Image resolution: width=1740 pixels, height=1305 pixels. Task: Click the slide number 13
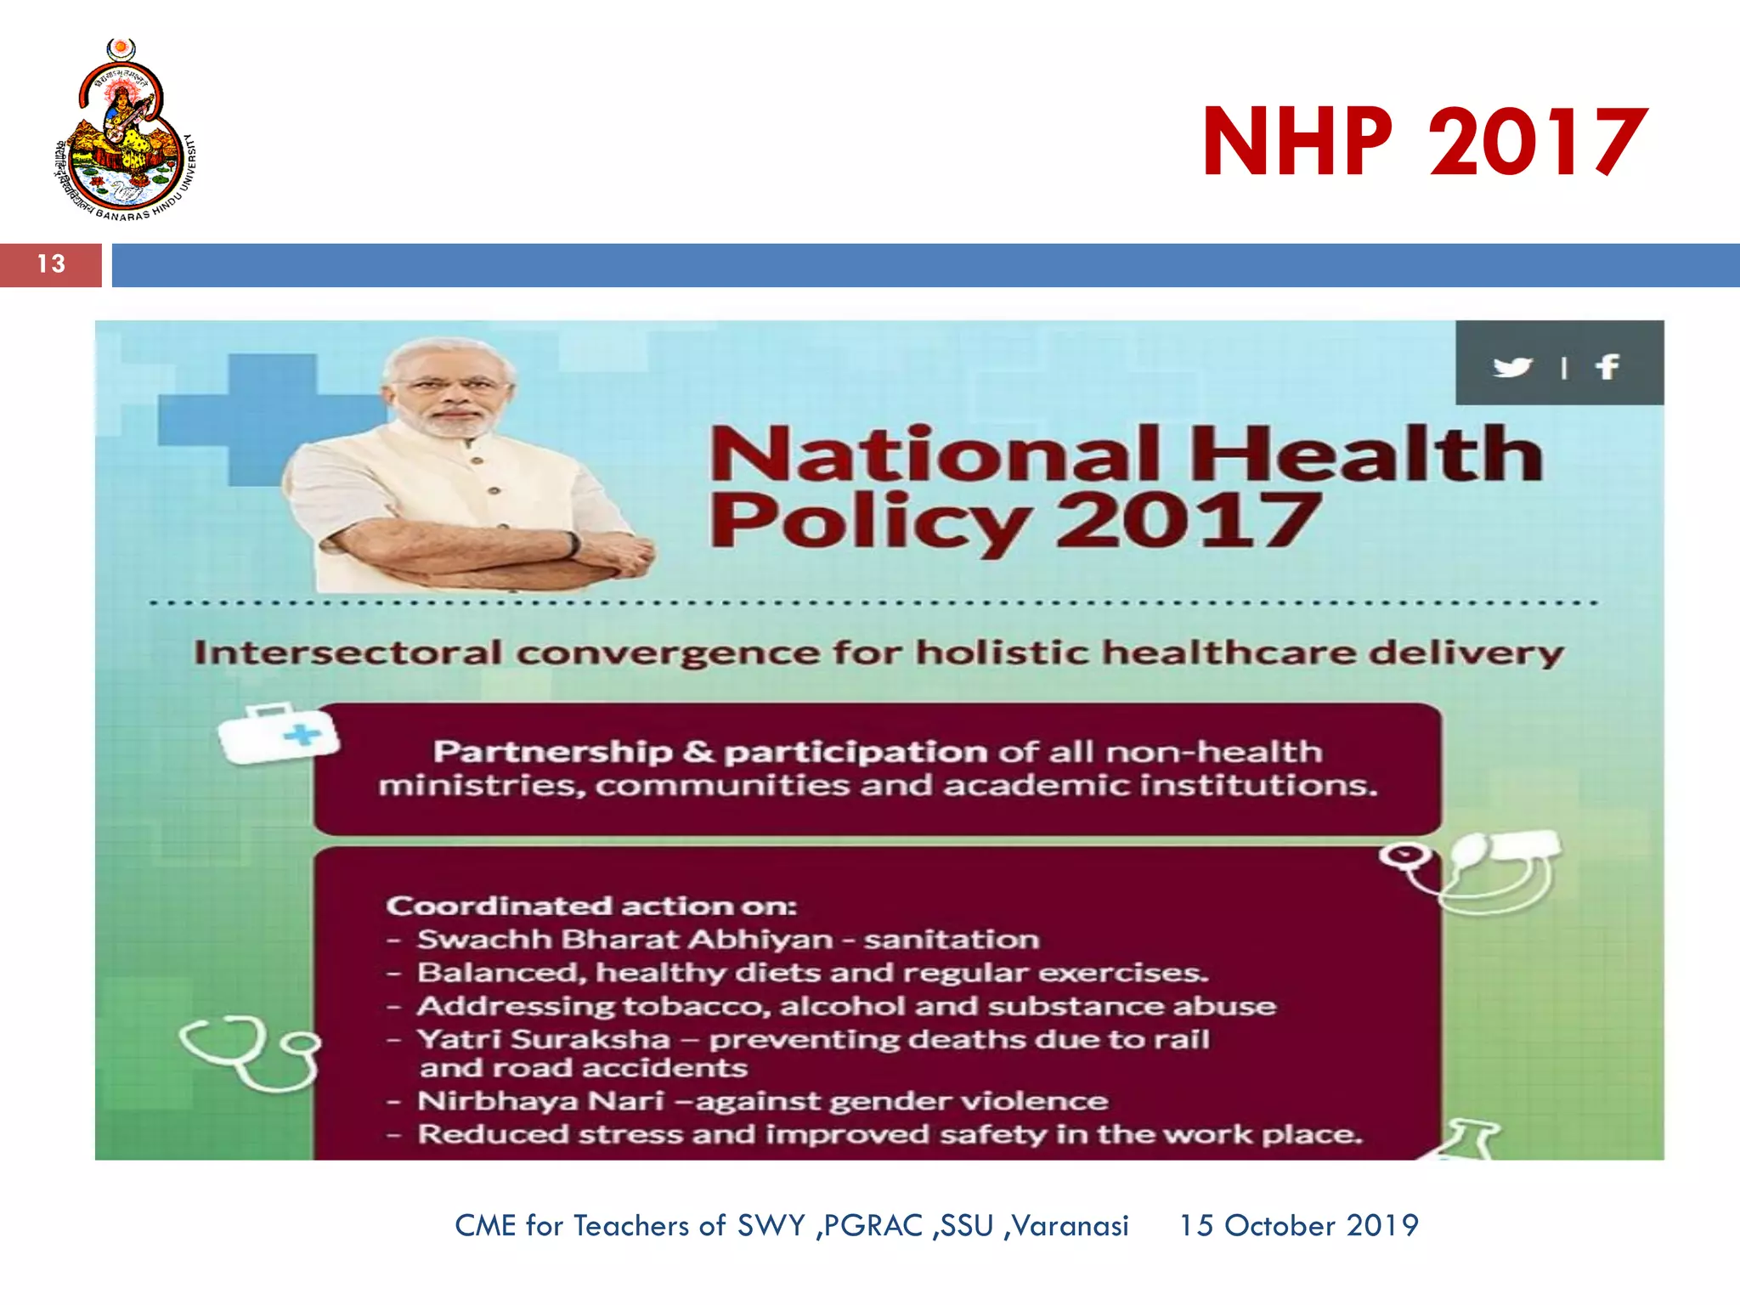pos(51,264)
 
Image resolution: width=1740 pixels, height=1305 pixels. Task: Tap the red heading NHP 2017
pos(1424,142)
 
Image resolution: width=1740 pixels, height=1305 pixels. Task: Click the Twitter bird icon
pos(1511,367)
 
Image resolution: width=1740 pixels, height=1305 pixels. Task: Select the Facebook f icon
pos(1607,367)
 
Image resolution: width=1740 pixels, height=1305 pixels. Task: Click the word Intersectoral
pos(348,653)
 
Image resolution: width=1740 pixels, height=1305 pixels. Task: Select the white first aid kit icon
pos(278,733)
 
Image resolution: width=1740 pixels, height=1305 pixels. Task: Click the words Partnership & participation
pos(710,752)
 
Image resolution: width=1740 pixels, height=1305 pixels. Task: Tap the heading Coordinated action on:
pos(591,906)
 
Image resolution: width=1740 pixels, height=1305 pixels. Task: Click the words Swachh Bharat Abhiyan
pos(625,940)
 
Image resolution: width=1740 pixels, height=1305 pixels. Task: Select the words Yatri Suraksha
pos(544,1039)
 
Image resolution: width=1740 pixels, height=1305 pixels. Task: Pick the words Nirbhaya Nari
pos(540,1101)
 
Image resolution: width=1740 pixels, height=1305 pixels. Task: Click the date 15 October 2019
pos(1298,1225)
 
